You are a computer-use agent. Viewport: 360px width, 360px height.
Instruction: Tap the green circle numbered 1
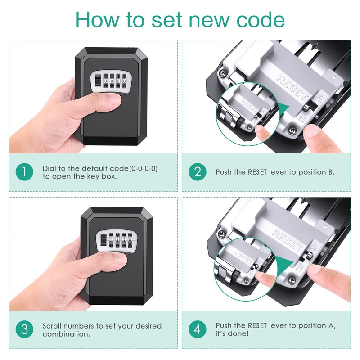24,172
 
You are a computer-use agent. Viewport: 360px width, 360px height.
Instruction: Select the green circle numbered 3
24,330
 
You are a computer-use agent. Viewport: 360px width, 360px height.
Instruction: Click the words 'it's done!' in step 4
231,334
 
